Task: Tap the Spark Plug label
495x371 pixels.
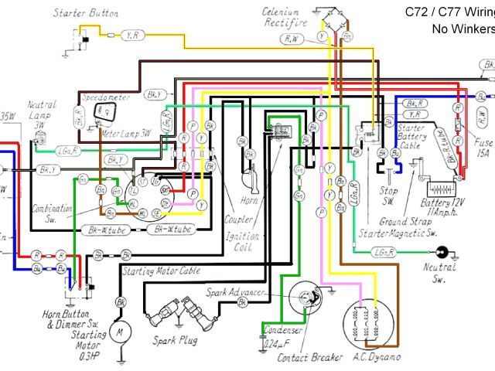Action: pyautogui.click(x=176, y=340)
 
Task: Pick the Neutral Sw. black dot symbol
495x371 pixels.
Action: pyautogui.click(x=443, y=251)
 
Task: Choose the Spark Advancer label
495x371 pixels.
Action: pyautogui.click(x=237, y=293)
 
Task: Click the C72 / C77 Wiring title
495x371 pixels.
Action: pyautogui.click(x=449, y=12)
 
